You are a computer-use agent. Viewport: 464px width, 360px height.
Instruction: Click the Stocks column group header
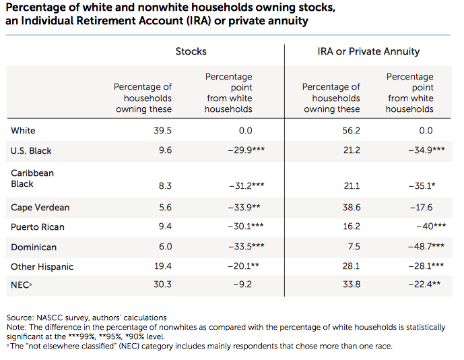pos(191,51)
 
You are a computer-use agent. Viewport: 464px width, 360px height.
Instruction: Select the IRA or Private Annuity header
pos(368,51)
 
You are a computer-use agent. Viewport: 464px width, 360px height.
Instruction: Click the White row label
pos(23,131)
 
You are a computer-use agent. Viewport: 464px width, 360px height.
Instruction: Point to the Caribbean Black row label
pos(32,179)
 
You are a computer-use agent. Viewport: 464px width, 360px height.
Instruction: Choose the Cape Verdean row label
pos(40,208)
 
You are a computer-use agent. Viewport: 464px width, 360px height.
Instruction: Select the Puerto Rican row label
pos(38,227)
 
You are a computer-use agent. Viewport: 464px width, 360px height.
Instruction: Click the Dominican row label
pos(33,247)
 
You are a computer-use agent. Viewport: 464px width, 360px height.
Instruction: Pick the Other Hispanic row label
pos(42,267)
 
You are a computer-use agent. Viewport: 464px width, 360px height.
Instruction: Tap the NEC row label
pos(22,284)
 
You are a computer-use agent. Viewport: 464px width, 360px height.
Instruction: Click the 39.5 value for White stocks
pos(162,131)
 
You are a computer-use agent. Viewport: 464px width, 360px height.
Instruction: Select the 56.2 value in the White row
pos(350,131)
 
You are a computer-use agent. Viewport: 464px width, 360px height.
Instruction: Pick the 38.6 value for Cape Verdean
pos(350,208)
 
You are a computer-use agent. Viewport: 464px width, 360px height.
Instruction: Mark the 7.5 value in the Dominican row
pos(353,247)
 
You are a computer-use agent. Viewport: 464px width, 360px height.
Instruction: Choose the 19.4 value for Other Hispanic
pos(162,267)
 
